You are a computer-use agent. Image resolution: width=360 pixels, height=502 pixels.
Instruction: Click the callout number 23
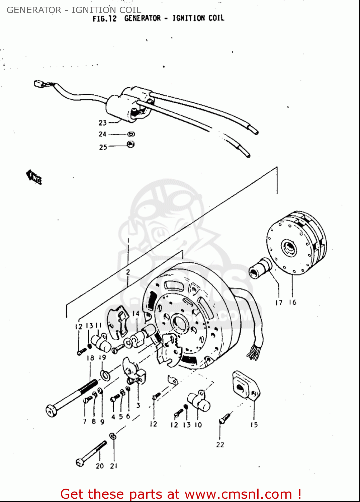[x=102, y=123]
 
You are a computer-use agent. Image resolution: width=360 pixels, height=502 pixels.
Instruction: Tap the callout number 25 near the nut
[x=103, y=147]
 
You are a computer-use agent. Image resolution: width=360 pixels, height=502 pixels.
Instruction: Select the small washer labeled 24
[x=131, y=134]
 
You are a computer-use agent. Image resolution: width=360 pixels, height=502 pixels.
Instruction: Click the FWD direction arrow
[x=34, y=177]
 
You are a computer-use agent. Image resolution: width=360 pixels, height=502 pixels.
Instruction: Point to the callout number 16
[x=292, y=303]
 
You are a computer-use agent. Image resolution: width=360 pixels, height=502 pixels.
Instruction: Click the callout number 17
[x=279, y=303]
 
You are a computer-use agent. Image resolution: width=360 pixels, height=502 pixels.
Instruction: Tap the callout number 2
[x=128, y=272]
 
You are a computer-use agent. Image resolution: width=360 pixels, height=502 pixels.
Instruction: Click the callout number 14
[x=136, y=313]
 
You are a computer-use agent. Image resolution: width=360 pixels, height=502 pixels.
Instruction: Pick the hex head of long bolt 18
[x=51, y=411]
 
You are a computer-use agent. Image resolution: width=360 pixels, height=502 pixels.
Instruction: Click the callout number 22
[x=220, y=445]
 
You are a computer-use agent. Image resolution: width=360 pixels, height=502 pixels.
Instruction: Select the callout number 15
[x=254, y=425]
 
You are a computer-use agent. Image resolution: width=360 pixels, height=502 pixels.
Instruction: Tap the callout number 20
[x=100, y=466]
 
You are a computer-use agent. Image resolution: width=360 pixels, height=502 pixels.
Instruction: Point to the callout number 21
[x=114, y=466]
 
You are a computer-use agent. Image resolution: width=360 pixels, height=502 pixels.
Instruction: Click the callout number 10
[x=198, y=425]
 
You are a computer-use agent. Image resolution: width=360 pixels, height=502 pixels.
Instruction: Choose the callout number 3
[x=138, y=406]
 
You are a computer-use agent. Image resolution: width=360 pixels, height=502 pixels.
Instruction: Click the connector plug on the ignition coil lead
[x=39, y=84]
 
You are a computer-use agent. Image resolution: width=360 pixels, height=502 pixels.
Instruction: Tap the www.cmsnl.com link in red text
[x=238, y=494]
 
